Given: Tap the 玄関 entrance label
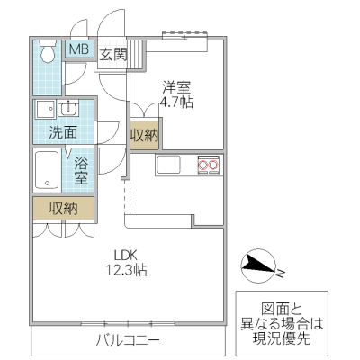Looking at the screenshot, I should point(112,54).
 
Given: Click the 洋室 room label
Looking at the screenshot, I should point(176,87).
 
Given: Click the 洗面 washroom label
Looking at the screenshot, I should point(62,132).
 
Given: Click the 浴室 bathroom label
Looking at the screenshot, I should point(81,171).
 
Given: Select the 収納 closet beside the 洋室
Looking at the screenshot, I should point(144,136).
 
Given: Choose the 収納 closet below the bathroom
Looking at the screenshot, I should point(62,208).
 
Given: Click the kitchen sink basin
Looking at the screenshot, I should point(168,165).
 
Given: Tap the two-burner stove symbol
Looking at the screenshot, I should point(209,165).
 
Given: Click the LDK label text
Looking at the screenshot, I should point(122,254).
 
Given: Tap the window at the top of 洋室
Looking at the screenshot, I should point(186,36).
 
